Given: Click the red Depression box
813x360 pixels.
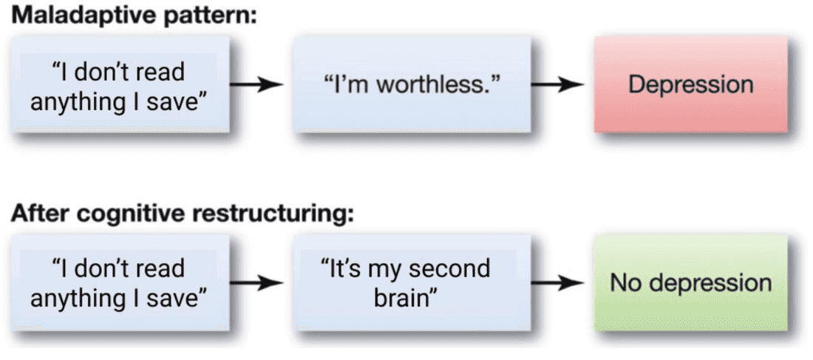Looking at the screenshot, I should (690, 84).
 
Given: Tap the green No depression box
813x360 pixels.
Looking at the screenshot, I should (690, 282).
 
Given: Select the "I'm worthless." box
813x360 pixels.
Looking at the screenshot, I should (412, 84).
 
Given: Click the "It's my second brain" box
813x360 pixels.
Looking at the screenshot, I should (412, 282).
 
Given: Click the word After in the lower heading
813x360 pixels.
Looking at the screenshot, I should (37, 214).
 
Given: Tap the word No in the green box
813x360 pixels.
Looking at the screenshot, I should (625, 282).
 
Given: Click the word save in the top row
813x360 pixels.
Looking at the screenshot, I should (178, 100).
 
